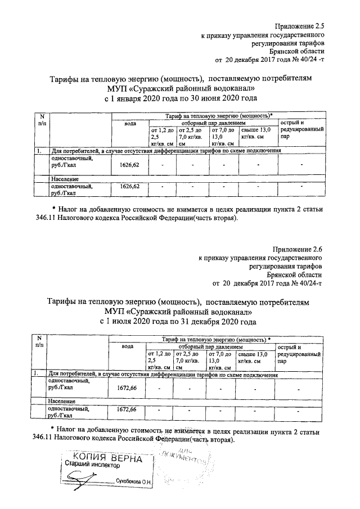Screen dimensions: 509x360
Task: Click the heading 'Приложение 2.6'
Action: click(x=299, y=249)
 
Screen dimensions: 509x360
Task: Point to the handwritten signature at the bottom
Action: click(x=84, y=479)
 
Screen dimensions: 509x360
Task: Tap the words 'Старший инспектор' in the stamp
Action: click(x=91, y=466)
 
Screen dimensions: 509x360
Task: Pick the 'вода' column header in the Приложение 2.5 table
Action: click(x=130, y=123)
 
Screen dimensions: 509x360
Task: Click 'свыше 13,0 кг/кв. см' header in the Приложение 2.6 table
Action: click(x=253, y=357)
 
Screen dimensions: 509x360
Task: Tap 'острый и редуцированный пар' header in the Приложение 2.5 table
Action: click(x=301, y=130)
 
